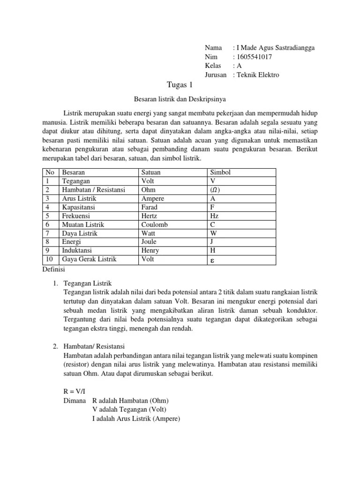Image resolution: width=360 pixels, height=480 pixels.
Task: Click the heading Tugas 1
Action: tap(180, 85)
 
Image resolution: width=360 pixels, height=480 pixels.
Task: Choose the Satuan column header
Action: tap(151, 172)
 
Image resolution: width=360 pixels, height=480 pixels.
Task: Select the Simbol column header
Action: tap(220, 172)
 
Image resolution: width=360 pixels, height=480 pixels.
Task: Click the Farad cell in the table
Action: tap(150, 207)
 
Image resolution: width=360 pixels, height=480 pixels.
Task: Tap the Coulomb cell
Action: tap(154, 225)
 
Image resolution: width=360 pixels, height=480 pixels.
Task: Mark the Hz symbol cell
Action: tap(214, 216)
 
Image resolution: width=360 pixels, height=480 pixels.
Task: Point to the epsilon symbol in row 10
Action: tap(213, 260)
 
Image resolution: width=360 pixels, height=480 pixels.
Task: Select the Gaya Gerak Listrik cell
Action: tap(89, 259)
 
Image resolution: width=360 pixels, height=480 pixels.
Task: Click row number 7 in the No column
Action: tap(47, 233)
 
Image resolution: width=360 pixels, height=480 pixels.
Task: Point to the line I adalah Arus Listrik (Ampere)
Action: tap(136, 418)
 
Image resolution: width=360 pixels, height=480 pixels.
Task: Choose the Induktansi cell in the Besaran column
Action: tap(78, 250)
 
